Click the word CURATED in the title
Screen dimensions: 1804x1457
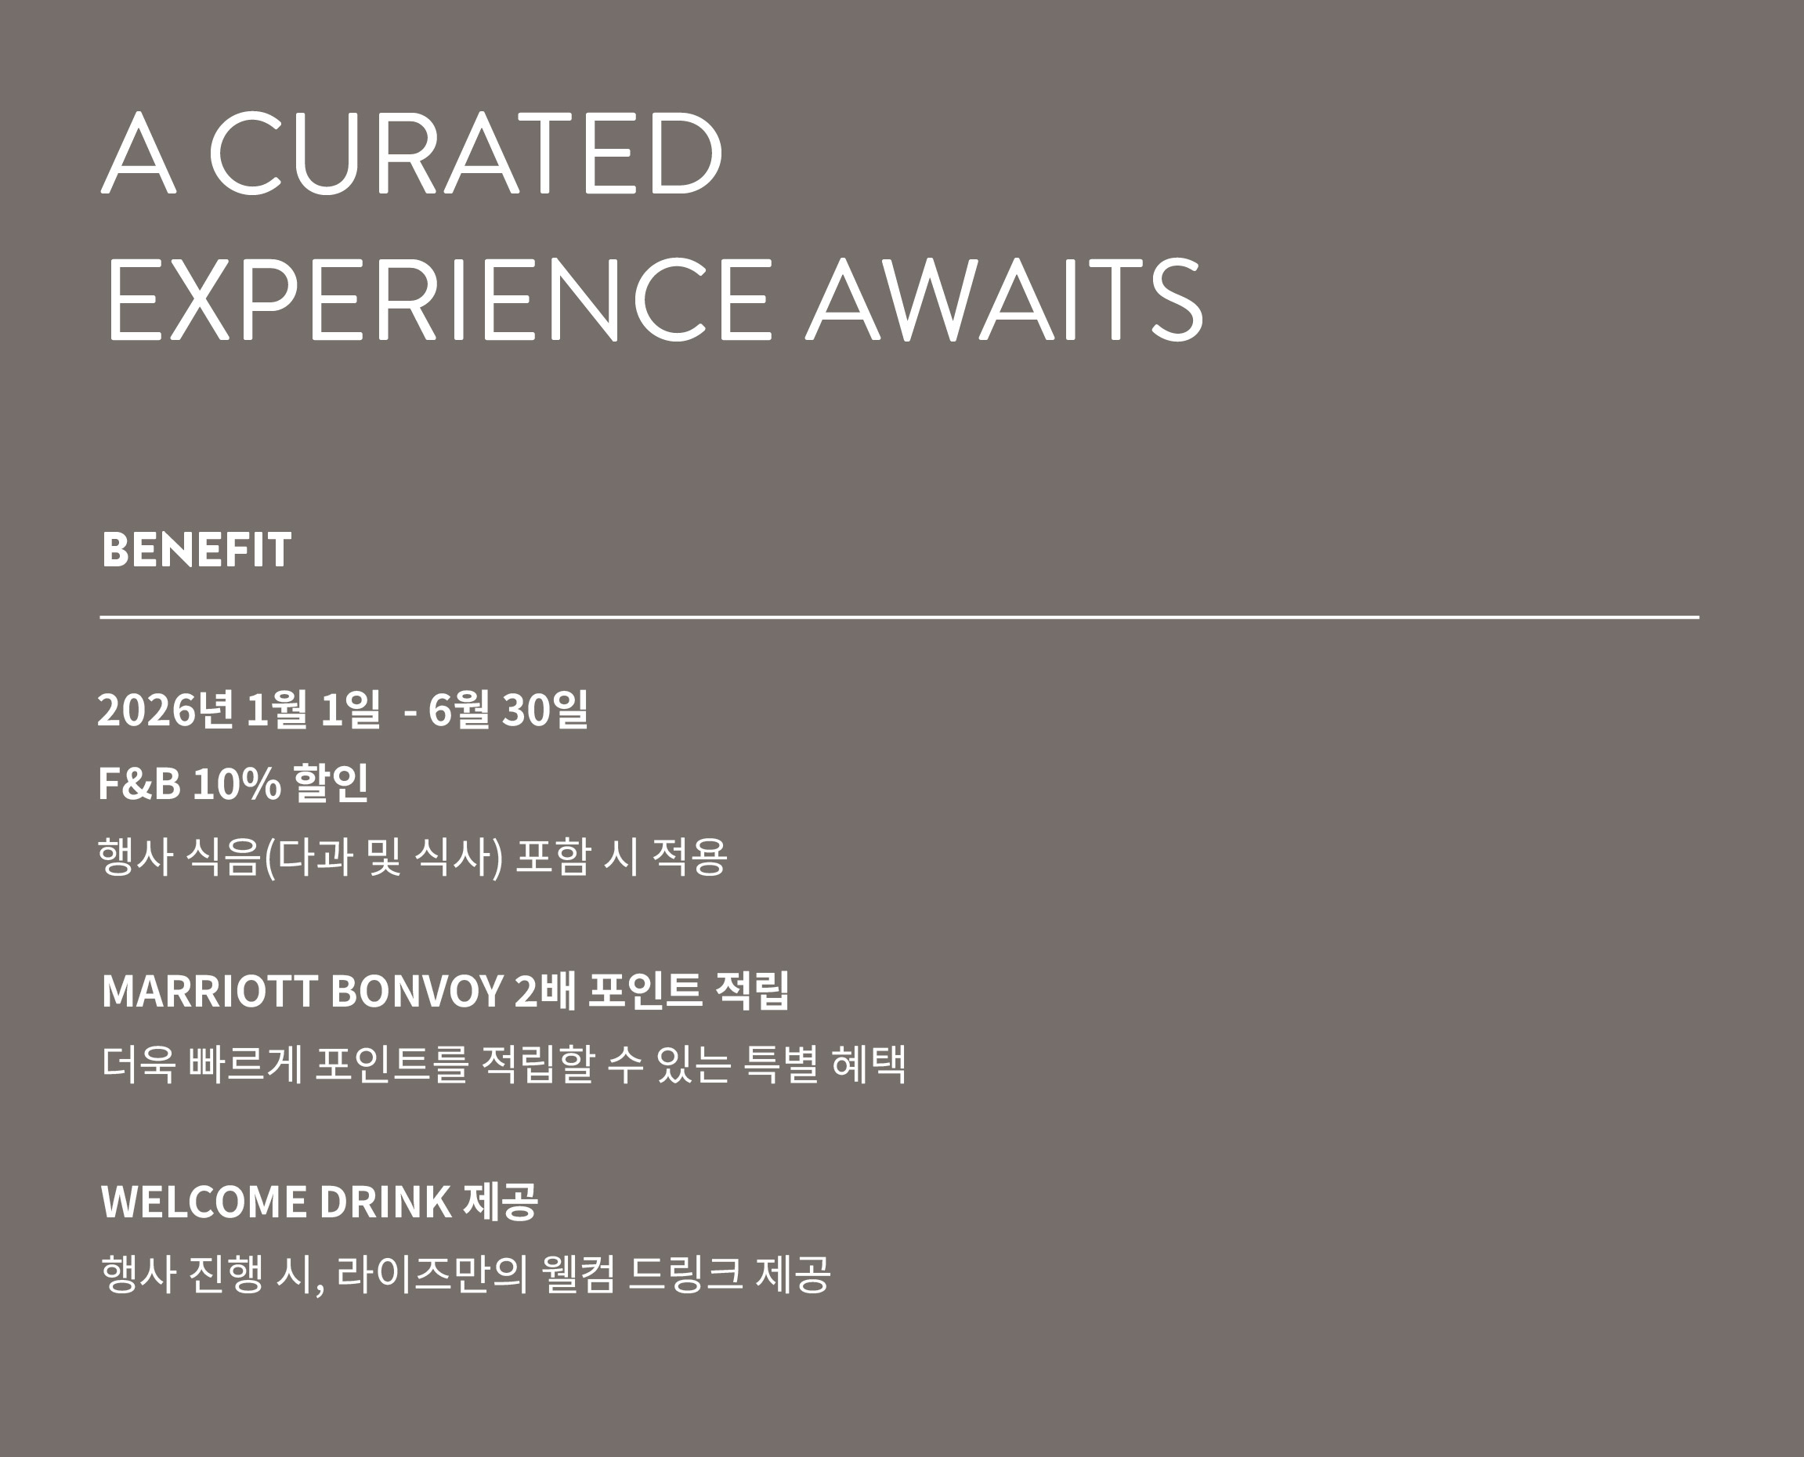tap(465, 152)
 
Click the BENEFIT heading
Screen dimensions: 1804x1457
tap(197, 550)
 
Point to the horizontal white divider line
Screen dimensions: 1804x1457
tap(899, 617)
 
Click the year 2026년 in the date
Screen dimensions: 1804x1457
tap(165, 709)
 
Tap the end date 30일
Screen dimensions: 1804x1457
tap(544, 709)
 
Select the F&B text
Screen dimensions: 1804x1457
tap(139, 783)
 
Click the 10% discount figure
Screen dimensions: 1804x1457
tap(237, 783)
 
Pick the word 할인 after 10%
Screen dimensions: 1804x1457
tap(330, 783)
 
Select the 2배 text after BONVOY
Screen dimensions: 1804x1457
tap(545, 990)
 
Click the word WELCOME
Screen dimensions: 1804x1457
tap(204, 1201)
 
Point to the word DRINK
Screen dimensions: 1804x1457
tap(385, 1201)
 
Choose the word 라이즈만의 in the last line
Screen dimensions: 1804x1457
tap(432, 1273)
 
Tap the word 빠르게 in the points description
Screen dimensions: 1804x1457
tap(245, 1065)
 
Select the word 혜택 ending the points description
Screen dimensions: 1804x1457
tap(869, 1065)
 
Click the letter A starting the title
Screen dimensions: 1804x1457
tap(139, 152)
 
